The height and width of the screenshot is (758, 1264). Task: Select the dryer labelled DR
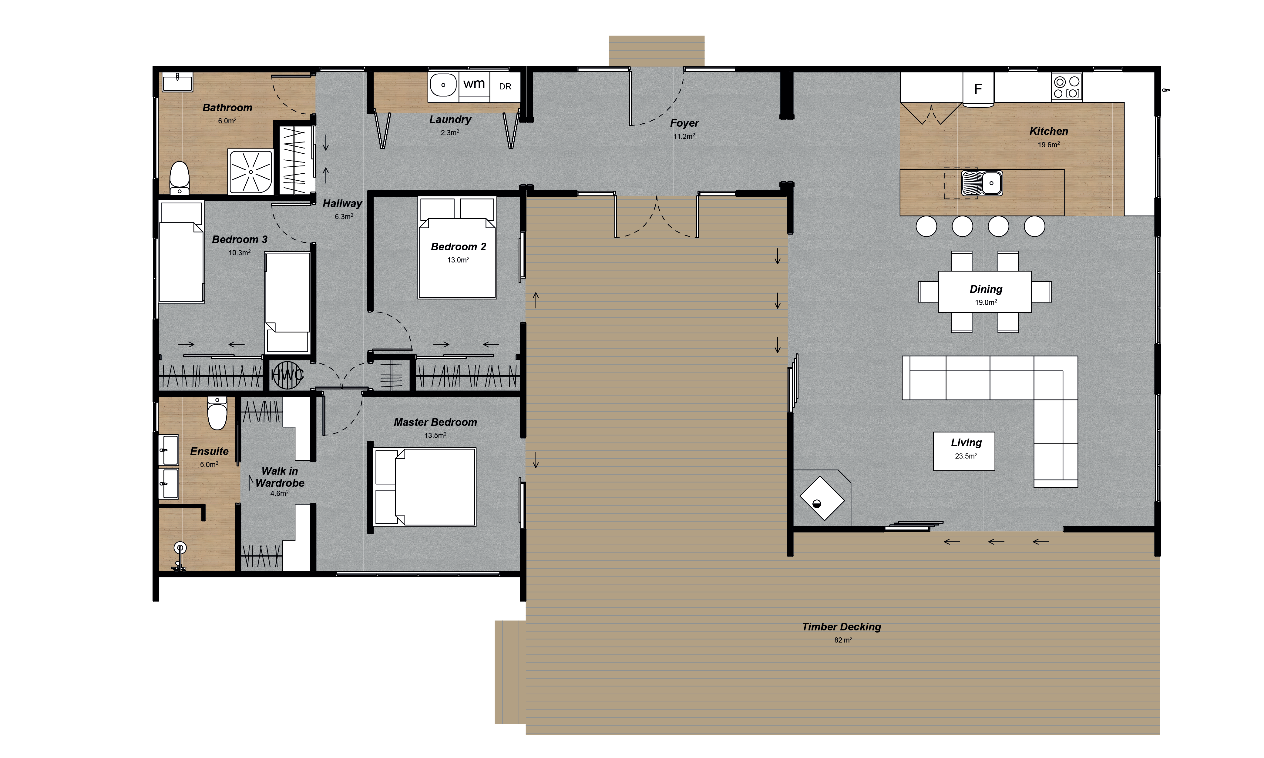[505, 86]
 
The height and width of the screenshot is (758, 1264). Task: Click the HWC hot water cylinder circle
[287, 376]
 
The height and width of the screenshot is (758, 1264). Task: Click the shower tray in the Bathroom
[250, 172]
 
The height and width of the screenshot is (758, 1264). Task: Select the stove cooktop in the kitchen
[1066, 87]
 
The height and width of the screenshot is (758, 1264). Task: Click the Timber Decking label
[841, 627]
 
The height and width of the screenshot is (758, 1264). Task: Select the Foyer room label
[684, 123]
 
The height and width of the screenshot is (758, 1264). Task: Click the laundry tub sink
[443, 85]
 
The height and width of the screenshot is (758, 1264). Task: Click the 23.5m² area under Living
[966, 456]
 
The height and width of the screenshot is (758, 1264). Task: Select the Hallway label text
[342, 203]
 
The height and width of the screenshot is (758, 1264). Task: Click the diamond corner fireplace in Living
[821, 498]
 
